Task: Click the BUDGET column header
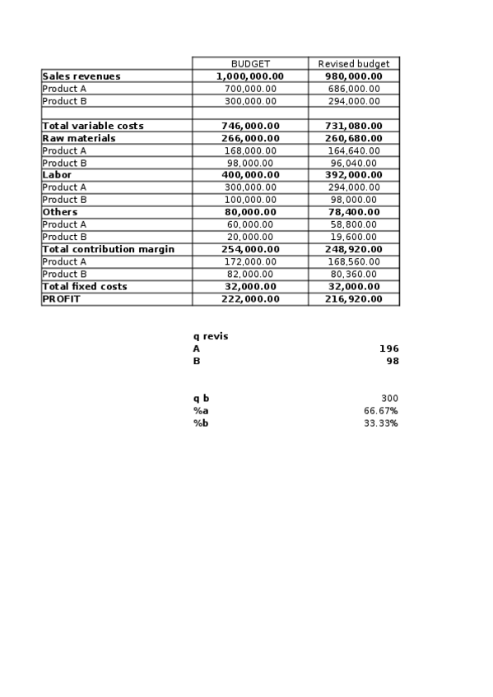tap(250, 63)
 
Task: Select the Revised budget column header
tap(354, 63)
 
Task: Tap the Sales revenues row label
tap(81, 76)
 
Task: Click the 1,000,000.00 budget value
tap(250, 76)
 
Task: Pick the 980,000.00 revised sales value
tap(354, 76)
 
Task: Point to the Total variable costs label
tap(93, 126)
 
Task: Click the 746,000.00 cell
tap(250, 126)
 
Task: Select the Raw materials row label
tap(79, 138)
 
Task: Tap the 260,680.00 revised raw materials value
tap(354, 138)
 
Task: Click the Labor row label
tap(57, 175)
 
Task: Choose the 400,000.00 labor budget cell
tap(250, 175)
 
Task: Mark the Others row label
tap(60, 212)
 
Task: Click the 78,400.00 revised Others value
tap(354, 212)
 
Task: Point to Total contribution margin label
tap(108, 249)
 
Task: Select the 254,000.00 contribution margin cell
tap(250, 249)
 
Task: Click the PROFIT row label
tap(62, 298)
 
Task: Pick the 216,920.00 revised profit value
tap(354, 298)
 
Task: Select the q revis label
tap(211, 336)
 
